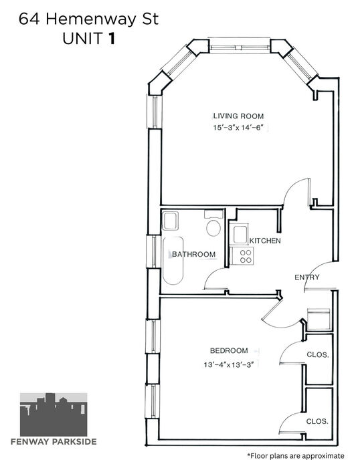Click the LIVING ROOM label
pyautogui.click(x=238, y=116)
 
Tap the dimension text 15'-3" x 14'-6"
pyautogui.click(x=238, y=128)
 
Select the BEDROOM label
pyautogui.click(x=229, y=351)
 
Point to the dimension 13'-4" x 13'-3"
pyautogui.click(x=228, y=364)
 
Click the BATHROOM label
pyautogui.click(x=193, y=255)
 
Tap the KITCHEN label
pyautogui.click(x=265, y=241)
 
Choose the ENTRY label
pyautogui.click(x=307, y=277)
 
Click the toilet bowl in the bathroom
pyautogui.click(x=213, y=228)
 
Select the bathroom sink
pyautogui.click(x=170, y=221)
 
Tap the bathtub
pyautogui.click(x=173, y=261)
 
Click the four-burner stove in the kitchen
pyautogui.click(x=242, y=256)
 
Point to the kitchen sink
pyautogui.click(x=241, y=235)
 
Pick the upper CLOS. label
pyautogui.click(x=318, y=354)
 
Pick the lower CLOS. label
pyautogui.click(x=317, y=421)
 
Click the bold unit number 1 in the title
pyautogui.click(x=112, y=38)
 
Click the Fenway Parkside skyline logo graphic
pyautogui.click(x=54, y=415)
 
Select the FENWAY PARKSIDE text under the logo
pyautogui.click(x=54, y=442)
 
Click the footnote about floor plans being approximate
pyautogui.click(x=296, y=456)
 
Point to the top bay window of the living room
pyautogui.click(x=240, y=47)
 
